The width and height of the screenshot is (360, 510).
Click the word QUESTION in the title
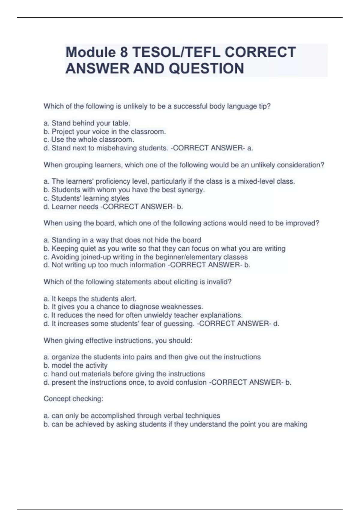pyautogui.click(x=207, y=69)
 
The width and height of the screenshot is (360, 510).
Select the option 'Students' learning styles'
pyautogui.click(x=86, y=198)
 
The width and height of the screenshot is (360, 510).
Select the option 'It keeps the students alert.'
pyautogui.click(x=90, y=299)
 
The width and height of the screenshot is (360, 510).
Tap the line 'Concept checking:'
pyautogui.click(x=73, y=399)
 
